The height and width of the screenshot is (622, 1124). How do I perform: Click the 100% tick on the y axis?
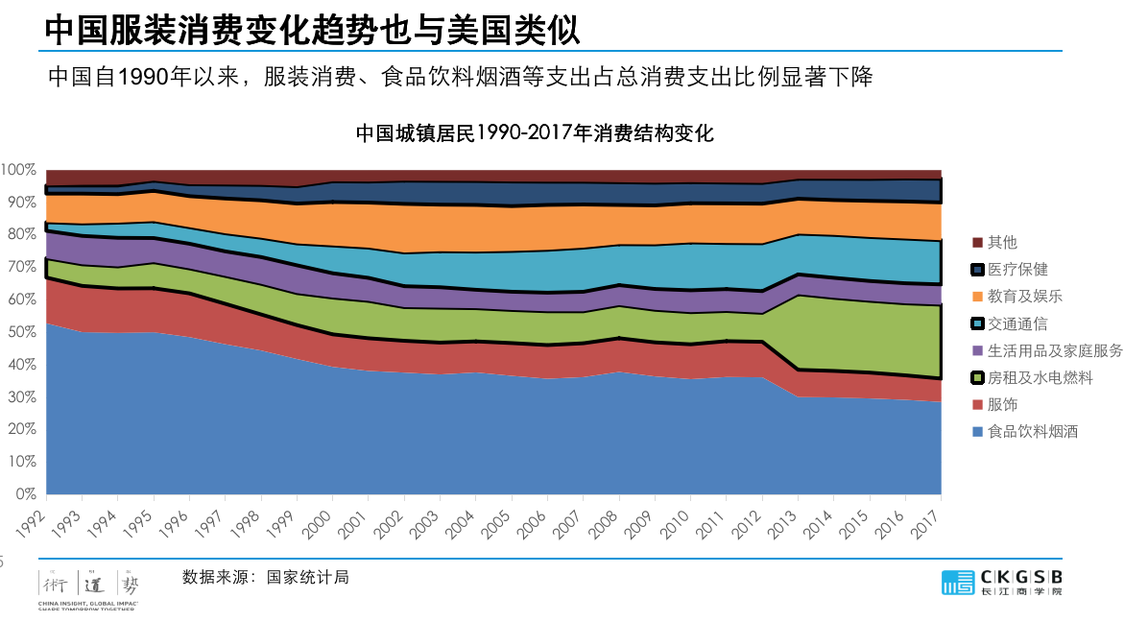point(18,170)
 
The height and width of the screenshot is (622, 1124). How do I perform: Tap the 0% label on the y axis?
point(25,494)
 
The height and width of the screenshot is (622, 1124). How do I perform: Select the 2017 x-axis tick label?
point(927,517)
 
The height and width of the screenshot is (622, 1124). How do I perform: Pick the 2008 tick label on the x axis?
point(606,517)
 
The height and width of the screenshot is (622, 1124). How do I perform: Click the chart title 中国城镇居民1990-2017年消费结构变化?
point(535,133)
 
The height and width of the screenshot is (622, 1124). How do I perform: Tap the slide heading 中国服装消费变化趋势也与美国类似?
point(312,30)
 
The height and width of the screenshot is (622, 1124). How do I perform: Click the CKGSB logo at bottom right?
point(1003,582)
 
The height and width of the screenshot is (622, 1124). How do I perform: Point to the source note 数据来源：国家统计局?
point(265,577)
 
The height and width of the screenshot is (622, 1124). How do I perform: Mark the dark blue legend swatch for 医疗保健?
point(978,270)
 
